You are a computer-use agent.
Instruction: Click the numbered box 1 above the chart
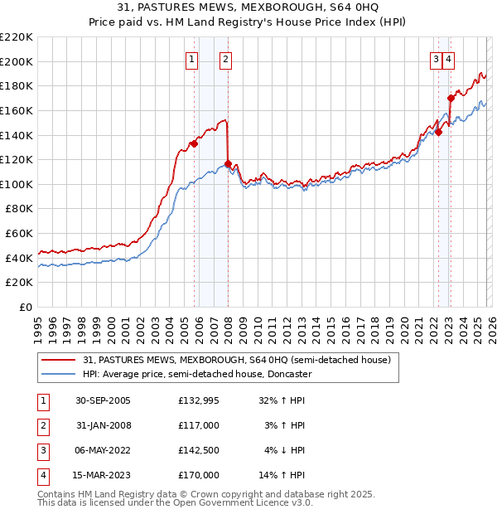(191, 59)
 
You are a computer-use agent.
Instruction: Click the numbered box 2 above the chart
(225, 59)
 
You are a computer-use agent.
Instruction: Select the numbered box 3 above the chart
(435, 59)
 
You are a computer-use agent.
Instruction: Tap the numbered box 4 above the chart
(447, 59)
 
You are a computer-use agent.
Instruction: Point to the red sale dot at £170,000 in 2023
(451, 98)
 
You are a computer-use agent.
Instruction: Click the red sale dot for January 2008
(228, 163)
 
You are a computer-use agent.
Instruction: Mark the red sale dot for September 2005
(194, 143)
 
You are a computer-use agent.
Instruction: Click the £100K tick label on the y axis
(17, 184)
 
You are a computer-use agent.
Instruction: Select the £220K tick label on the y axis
(17, 37)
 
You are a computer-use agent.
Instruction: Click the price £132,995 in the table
(199, 400)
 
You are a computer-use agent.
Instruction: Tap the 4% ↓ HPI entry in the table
(285, 450)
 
